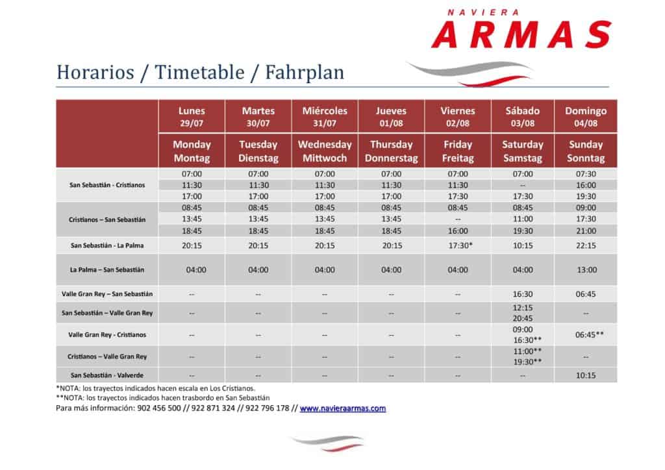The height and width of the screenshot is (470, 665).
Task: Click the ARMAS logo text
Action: [521, 34]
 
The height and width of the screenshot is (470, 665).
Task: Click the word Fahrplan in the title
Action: [305, 73]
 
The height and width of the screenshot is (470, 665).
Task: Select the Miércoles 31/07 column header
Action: [325, 117]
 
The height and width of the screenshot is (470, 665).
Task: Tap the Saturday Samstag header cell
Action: [523, 151]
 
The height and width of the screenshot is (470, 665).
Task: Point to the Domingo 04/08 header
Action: [586, 117]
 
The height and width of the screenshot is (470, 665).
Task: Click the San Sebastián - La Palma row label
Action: [107, 245]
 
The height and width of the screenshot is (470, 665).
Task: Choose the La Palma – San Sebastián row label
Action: [107, 269]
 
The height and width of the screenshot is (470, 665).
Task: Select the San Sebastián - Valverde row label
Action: [107, 375]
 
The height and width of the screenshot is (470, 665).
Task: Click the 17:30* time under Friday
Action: [460, 245]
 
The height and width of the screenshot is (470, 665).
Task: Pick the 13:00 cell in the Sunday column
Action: [586, 269]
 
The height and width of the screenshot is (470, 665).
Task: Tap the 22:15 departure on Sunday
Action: [586, 245]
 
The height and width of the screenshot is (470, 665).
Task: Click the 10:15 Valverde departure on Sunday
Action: [586, 375]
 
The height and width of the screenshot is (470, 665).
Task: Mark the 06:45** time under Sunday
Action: [589, 334]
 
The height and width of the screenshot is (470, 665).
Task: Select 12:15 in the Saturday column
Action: [523, 308]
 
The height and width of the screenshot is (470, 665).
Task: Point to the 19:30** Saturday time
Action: [527, 362]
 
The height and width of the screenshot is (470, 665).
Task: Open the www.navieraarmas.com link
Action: [343, 408]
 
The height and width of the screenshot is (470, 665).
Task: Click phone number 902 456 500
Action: [159, 408]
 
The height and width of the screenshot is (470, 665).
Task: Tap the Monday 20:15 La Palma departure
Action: [192, 245]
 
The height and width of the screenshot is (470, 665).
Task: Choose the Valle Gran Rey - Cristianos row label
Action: [107, 334]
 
